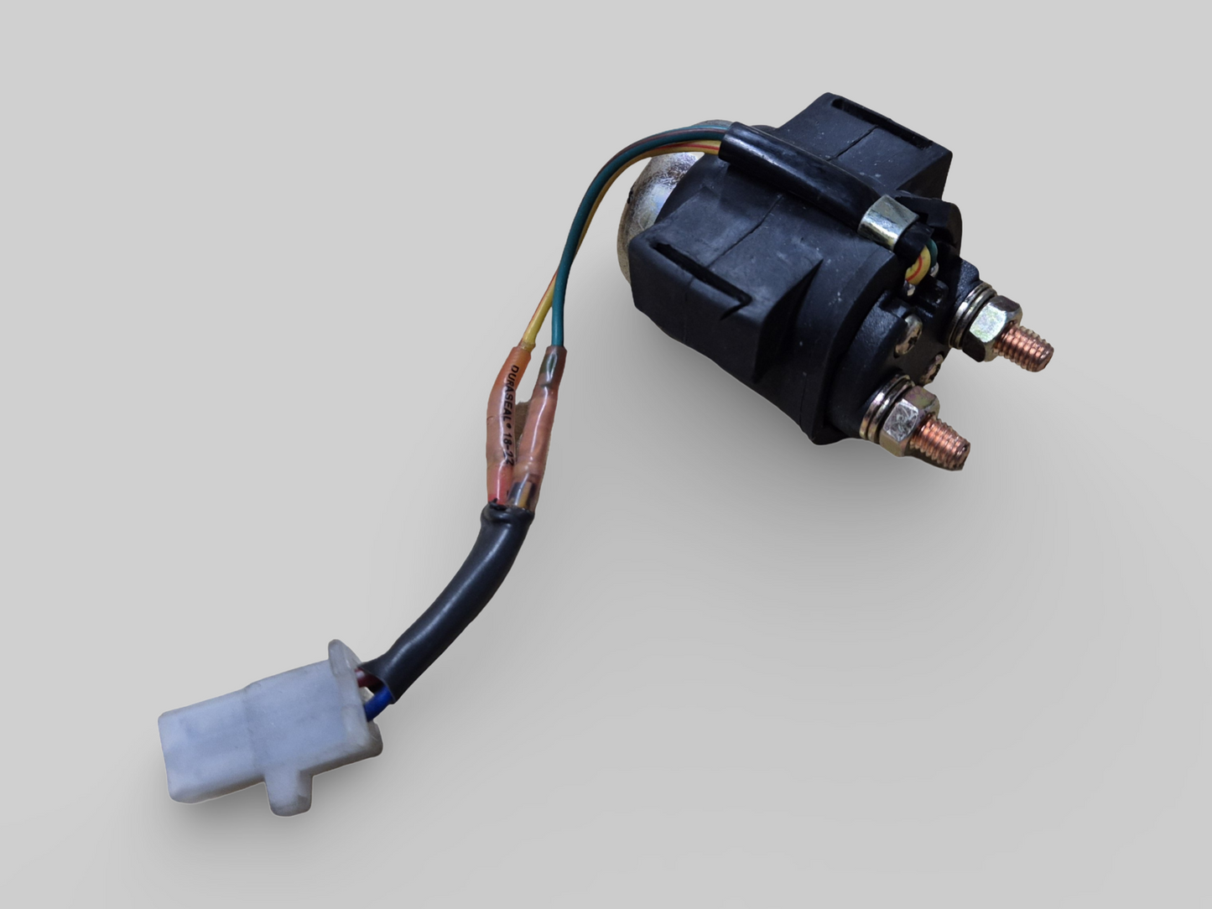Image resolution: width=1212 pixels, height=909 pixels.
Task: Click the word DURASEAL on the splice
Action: click(509, 394)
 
